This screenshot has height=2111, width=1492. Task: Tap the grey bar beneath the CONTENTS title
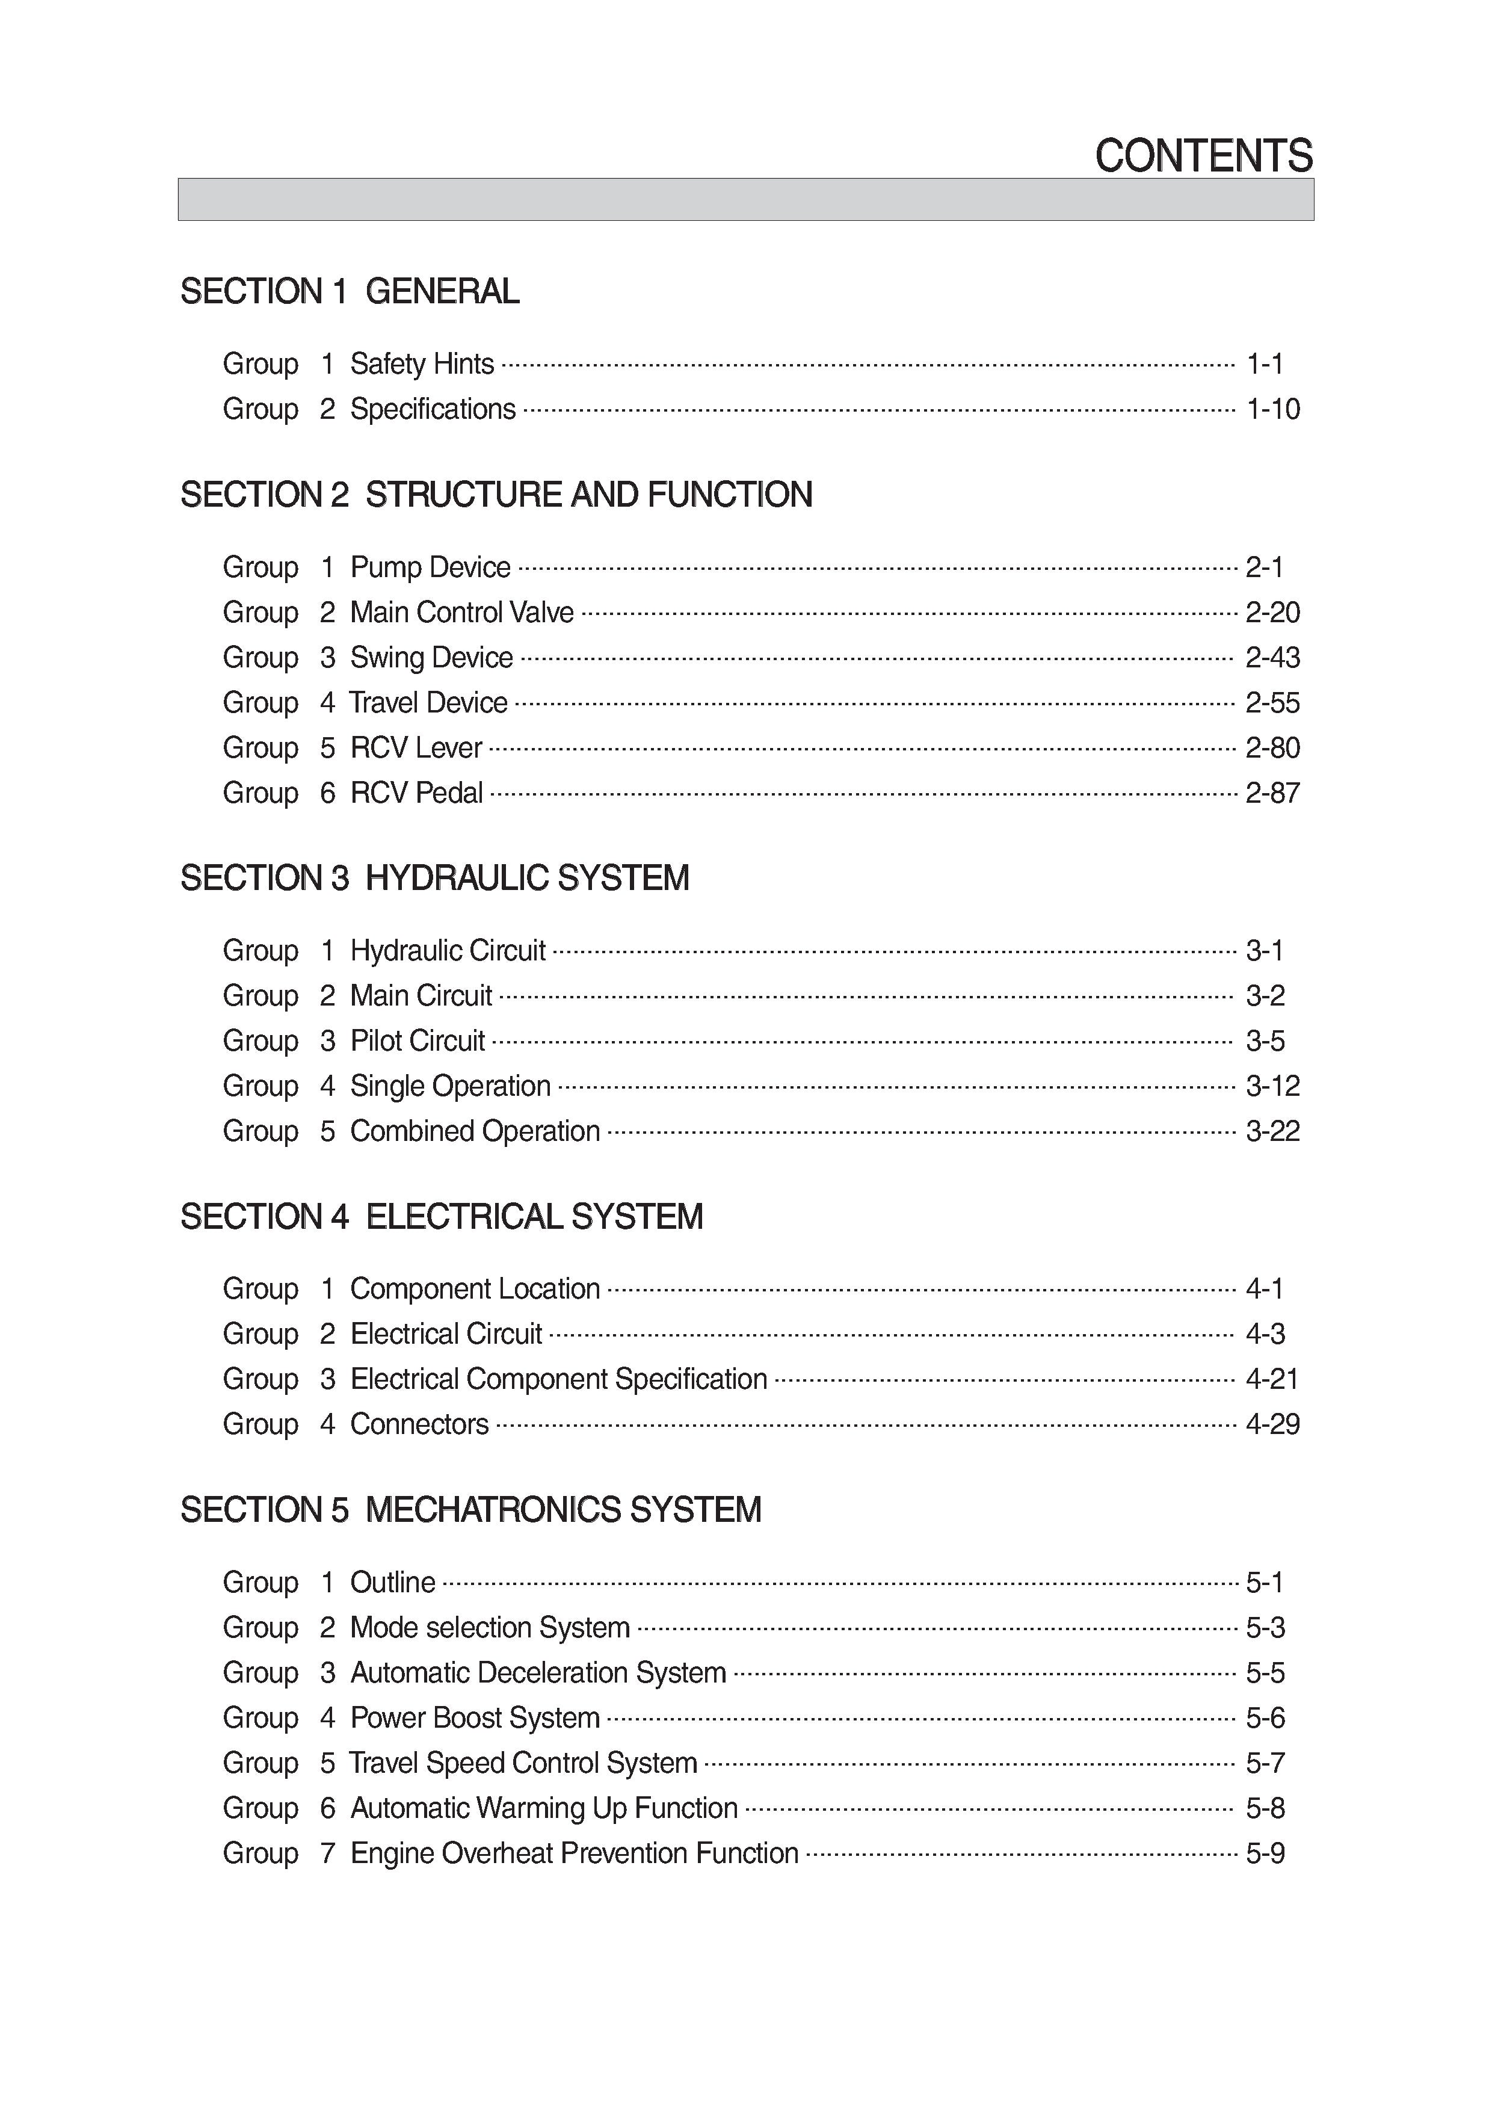[x=745, y=200]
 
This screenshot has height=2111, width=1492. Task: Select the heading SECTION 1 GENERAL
[x=350, y=291]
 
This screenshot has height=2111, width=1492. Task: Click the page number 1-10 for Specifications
[x=1272, y=409]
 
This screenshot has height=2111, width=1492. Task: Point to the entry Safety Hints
[x=422, y=364]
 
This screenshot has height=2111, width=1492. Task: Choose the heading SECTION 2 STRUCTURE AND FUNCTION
[x=496, y=495]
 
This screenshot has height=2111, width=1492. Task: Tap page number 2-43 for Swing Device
[x=1272, y=657]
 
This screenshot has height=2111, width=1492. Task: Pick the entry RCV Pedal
[x=416, y=793]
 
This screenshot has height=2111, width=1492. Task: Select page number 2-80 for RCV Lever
[x=1272, y=747]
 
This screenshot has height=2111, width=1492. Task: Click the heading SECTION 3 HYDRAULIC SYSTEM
[x=435, y=878]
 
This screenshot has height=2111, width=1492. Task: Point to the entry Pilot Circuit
[x=418, y=1041]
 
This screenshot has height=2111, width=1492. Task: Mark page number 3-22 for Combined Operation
[x=1272, y=1131]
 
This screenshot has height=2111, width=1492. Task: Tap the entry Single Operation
[x=451, y=1086]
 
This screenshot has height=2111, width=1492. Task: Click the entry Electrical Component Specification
[x=558, y=1379]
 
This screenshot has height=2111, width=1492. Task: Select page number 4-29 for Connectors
[x=1272, y=1424]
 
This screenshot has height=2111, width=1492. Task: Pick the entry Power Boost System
[x=474, y=1717]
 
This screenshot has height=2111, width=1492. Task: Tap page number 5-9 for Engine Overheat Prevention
[x=1265, y=1853]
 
